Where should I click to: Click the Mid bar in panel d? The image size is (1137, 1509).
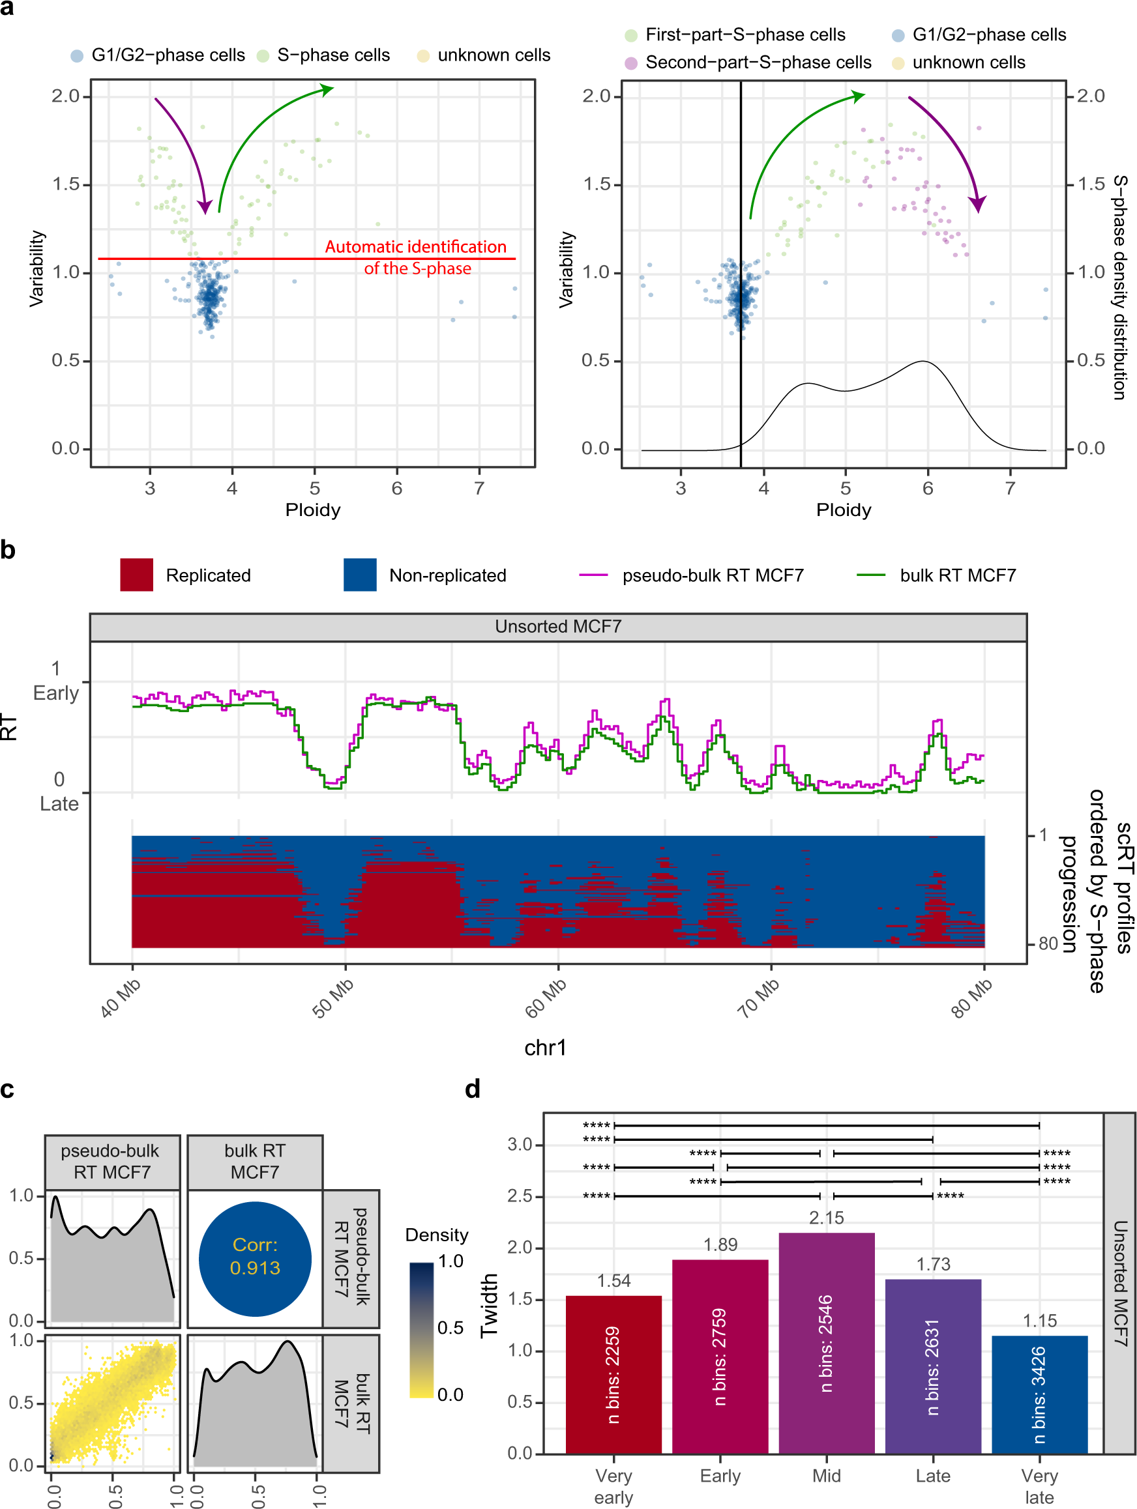pos(826,1344)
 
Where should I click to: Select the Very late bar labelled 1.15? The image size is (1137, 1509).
pos(1039,1394)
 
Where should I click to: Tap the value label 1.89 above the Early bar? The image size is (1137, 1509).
pos(720,1244)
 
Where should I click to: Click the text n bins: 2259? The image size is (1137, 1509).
pos(613,1375)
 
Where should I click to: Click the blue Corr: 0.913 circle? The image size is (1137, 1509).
pos(254,1259)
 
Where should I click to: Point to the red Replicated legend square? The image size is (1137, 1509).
pos(136,575)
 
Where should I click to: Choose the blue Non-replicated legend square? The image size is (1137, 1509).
pos(360,575)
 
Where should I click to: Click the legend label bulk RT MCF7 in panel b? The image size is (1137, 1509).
pos(957,576)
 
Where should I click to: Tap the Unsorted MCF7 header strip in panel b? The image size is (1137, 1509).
pos(557,627)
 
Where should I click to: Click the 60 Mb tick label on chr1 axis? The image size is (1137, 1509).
pos(545,999)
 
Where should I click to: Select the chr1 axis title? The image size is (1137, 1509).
pos(544,1047)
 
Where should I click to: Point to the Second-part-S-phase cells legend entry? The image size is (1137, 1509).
pos(758,63)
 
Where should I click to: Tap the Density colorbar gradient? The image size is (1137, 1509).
pos(421,1330)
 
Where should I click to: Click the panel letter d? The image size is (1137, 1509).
pos(472,1089)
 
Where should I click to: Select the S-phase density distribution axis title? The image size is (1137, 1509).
pos(1119,287)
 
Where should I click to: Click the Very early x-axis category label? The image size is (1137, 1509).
pos(613,1486)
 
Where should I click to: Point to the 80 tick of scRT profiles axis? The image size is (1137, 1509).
pos(1047,944)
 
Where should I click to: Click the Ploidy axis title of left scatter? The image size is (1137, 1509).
pos(312,510)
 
